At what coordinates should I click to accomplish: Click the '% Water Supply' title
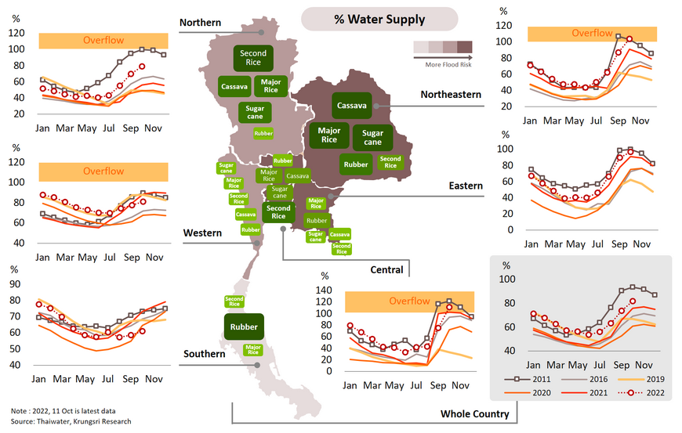click(x=379, y=20)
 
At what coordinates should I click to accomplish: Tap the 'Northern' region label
click(x=200, y=23)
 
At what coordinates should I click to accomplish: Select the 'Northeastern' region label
click(x=451, y=95)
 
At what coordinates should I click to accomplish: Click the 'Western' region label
click(x=202, y=233)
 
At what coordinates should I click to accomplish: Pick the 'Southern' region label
click(x=204, y=354)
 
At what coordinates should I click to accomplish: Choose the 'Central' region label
click(x=386, y=270)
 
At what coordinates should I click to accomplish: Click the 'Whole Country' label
click(x=474, y=413)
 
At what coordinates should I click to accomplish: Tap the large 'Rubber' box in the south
click(x=243, y=327)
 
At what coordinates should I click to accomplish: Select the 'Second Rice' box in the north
click(x=252, y=58)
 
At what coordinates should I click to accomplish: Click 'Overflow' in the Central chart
click(x=409, y=301)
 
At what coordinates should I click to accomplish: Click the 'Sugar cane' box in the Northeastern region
click(x=372, y=138)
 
